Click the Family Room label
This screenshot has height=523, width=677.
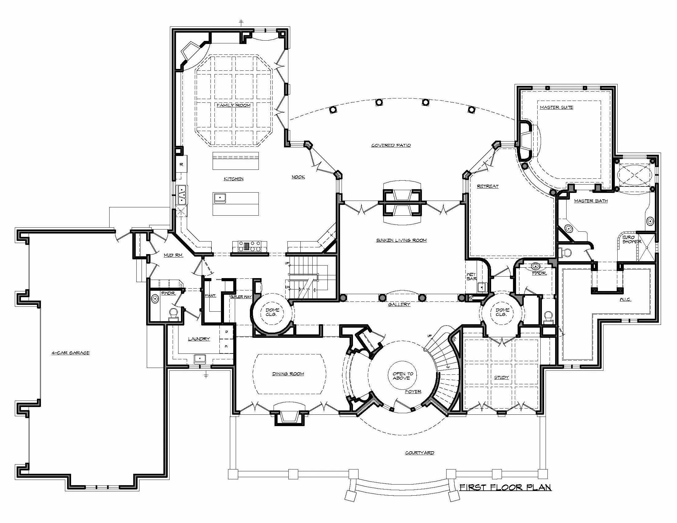233,105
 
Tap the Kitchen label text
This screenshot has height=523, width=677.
234,179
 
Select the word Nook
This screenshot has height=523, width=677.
298,177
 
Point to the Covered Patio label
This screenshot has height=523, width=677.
391,145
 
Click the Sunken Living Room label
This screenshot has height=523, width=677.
401,240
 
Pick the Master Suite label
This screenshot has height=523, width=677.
556,107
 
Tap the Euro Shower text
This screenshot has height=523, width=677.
631,239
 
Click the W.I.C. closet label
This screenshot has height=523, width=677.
625,299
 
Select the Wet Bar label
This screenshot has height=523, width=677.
471,277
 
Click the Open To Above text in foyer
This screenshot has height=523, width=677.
403,376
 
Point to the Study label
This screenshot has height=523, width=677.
501,377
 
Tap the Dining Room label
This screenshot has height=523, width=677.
288,374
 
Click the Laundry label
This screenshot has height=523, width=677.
199,339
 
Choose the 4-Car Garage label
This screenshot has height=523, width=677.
70,353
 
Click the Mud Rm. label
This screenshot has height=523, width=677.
173,255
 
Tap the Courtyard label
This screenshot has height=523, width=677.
419,453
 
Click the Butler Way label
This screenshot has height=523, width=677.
241,297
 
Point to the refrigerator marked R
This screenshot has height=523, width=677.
181,165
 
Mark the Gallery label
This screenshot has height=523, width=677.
399,305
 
